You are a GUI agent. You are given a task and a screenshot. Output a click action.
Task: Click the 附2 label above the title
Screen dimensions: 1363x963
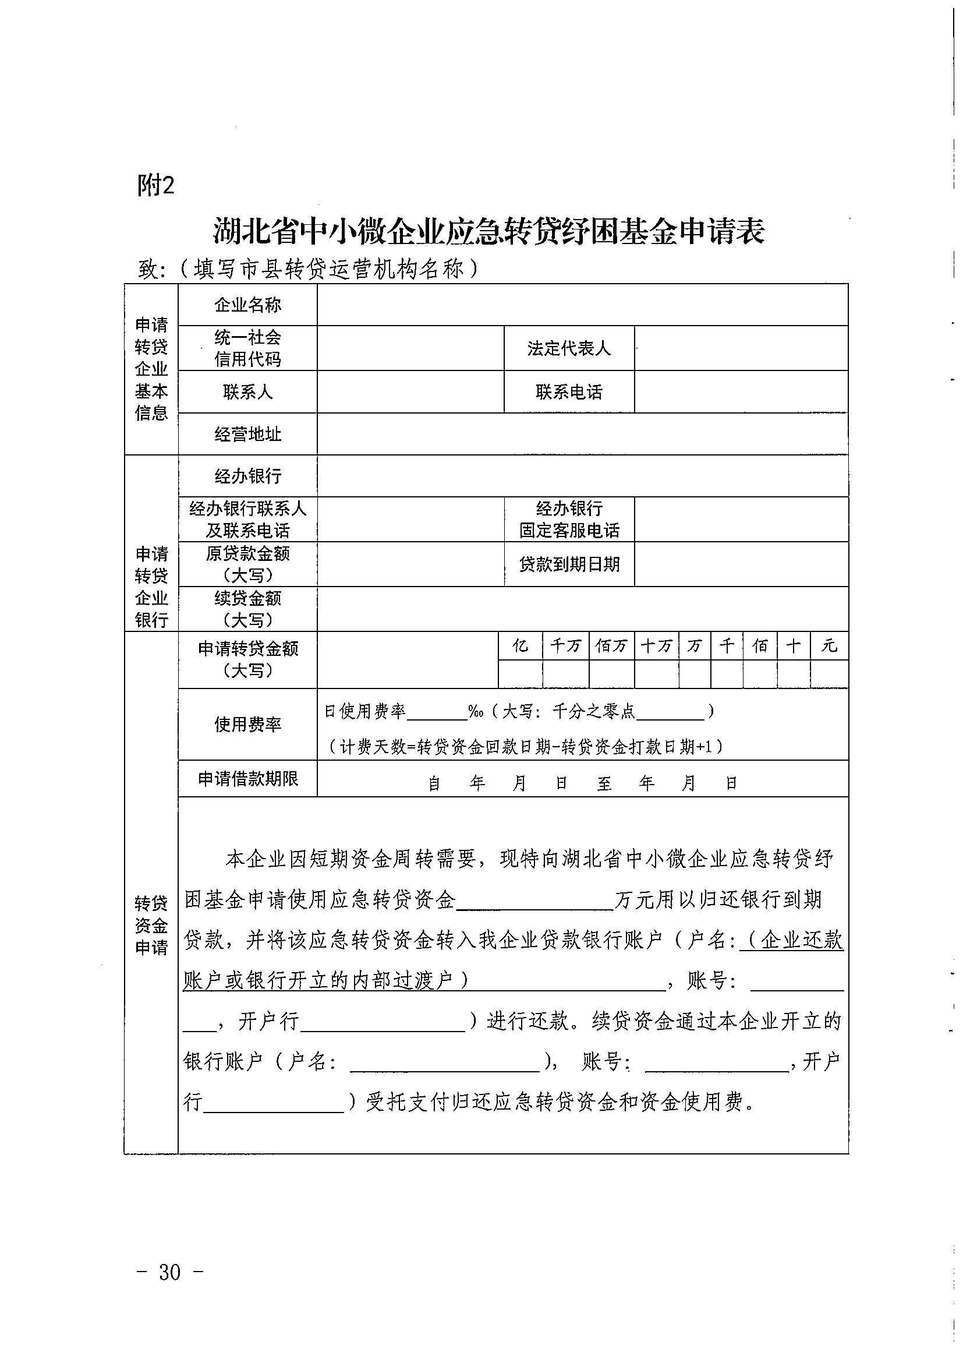click(x=155, y=185)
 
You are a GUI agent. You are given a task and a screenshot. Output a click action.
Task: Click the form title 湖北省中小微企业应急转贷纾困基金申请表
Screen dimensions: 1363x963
click(x=488, y=231)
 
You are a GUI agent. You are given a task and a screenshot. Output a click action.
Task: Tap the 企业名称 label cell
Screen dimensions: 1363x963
click(x=247, y=305)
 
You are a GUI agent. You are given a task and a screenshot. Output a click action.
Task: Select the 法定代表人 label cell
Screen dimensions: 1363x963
click(x=568, y=348)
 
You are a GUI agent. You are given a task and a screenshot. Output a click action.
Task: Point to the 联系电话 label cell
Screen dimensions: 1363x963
click(x=568, y=392)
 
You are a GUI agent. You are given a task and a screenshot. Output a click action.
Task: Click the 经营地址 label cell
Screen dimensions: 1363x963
click(x=247, y=435)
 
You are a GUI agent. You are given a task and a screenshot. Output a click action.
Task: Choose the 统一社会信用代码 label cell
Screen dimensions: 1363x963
click(x=247, y=348)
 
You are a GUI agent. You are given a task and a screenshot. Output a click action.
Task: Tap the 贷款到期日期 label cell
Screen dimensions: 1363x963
click(x=568, y=564)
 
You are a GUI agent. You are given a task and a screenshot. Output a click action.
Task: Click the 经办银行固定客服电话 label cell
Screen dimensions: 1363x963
click(x=568, y=520)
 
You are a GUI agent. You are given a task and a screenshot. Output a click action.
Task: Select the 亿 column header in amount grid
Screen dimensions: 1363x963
click(x=520, y=645)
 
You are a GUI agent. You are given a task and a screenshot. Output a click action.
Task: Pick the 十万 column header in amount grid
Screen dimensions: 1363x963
click(x=656, y=645)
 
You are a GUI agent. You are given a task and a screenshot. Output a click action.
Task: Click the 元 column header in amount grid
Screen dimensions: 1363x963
click(x=829, y=645)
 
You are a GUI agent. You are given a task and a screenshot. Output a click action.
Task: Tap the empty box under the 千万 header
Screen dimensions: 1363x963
click(x=565, y=674)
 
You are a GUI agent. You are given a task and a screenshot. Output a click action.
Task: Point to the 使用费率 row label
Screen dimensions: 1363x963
click(x=247, y=724)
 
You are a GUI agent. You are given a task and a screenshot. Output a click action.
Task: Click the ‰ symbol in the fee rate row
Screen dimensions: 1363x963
click(x=475, y=711)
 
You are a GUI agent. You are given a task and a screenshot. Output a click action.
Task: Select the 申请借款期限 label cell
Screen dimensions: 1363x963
click(x=247, y=779)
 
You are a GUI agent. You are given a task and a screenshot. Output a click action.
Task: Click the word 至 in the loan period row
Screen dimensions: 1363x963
click(x=604, y=783)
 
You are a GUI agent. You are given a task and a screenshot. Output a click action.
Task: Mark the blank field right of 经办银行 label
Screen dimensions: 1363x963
click(x=582, y=476)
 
